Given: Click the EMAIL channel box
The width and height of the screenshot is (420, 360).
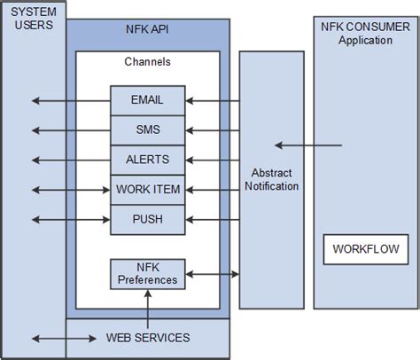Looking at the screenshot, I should (147, 100).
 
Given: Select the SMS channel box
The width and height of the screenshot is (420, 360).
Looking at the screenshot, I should (147, 129).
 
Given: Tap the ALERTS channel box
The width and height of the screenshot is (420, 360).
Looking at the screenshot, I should (147, 160).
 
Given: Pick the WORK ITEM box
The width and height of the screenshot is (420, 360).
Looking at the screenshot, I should (147, 190).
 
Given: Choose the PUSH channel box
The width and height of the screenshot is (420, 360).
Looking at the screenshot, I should (147, 219).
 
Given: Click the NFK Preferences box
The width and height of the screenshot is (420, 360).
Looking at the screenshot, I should (147, 273).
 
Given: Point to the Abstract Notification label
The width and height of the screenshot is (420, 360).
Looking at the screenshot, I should (270, 179).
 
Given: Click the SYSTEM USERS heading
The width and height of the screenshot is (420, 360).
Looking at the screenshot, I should (33, 18).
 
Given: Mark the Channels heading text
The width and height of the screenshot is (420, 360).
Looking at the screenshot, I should (147, 62).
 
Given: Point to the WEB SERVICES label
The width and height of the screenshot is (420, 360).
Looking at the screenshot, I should (147, 338).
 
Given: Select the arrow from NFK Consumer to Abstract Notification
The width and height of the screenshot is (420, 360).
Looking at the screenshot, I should (307, 145).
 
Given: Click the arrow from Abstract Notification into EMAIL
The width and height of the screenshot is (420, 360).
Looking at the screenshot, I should (213, 100).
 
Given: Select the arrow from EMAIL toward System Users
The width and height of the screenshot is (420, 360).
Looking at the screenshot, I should (69, 100).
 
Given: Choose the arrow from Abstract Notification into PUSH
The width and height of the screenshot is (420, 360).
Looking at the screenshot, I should (213, 219).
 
